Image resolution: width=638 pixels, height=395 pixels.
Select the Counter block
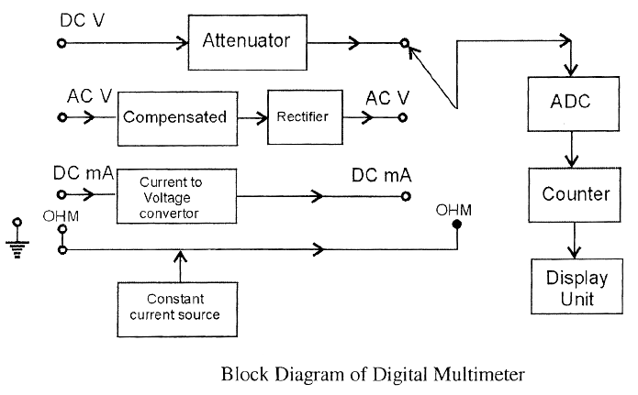[x=575, y=194]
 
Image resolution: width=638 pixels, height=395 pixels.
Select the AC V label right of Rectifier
[x=387, y=97]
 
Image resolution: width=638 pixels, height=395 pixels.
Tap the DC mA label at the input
[x=82, y=172]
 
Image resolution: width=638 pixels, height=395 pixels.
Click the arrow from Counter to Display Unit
[x=575, y=243]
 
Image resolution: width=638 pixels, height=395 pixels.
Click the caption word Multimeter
[x=475, y=374]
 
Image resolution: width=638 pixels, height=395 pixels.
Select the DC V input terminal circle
[x=62, y=42]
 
